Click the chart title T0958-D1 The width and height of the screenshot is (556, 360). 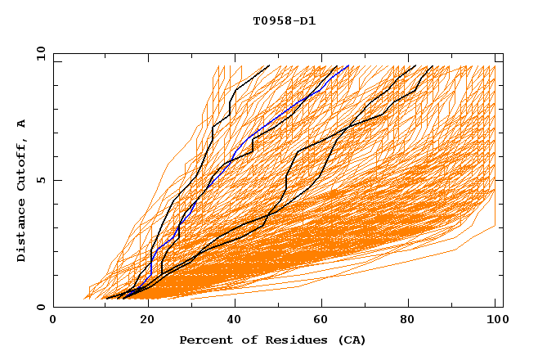[284, 20]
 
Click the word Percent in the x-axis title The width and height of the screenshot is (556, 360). [203, 340]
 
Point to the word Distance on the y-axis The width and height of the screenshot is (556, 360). [22, 228]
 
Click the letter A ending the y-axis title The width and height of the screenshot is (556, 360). [22, 123]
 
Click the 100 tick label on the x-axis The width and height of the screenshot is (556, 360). [495, 320]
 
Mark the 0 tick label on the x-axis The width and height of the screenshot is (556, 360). [54, 320]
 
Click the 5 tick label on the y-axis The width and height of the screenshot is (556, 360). [38, 180]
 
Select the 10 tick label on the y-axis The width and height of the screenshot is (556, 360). [36, 53]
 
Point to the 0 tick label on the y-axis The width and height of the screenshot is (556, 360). [38, 307]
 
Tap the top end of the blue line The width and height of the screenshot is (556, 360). [348, 66]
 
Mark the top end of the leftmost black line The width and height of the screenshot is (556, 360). [268, 66]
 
